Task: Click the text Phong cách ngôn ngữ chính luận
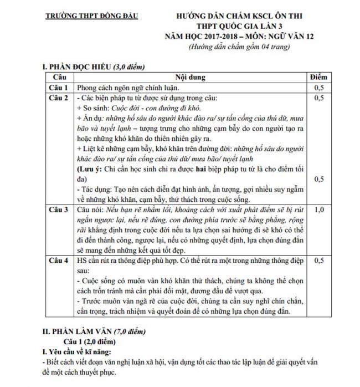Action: pos(127,88)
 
